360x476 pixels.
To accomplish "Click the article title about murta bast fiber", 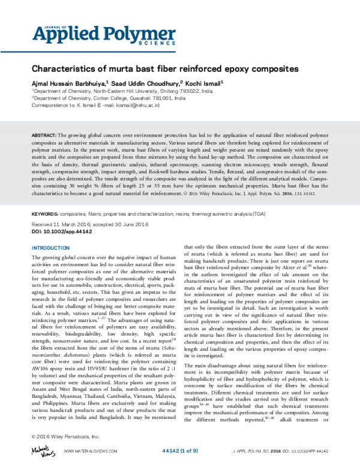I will [x=165, y=68].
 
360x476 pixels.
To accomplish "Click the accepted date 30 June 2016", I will [x=128, y=222].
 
